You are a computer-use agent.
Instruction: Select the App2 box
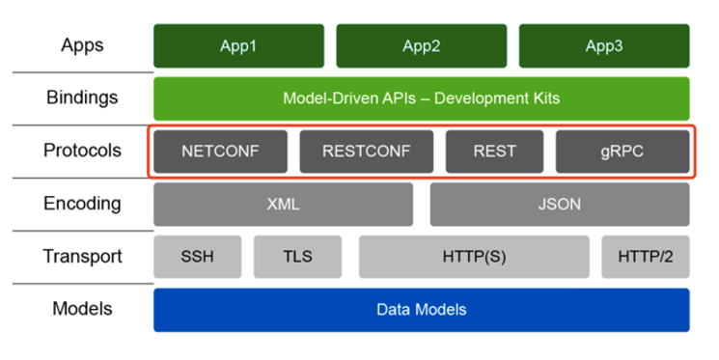click(421, 46)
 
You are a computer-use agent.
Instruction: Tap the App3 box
click(604, 46)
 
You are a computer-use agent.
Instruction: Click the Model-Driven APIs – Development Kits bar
click(421, 98)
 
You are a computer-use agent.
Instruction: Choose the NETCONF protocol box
click(220, 152)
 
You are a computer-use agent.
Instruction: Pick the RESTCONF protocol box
click(367, 152)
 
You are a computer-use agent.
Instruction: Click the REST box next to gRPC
click(495, 152)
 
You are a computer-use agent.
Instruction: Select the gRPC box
click(622, 152)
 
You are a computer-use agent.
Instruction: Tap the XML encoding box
click(283, 205)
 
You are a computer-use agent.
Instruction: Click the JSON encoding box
click(560, 205)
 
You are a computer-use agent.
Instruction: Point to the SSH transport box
click(197, 258)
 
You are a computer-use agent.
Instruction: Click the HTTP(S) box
click(474, 258)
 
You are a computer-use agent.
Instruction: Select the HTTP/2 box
click(646, 258)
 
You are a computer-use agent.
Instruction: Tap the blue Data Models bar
click(421, 310)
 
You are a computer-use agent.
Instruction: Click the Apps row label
click(82, 45)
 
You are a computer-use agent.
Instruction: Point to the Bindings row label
click(82, 97)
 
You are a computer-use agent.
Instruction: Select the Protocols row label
click(82, 151)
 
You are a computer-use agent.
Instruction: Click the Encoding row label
click(82, 204)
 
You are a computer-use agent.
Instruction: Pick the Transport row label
click(82, 257)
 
